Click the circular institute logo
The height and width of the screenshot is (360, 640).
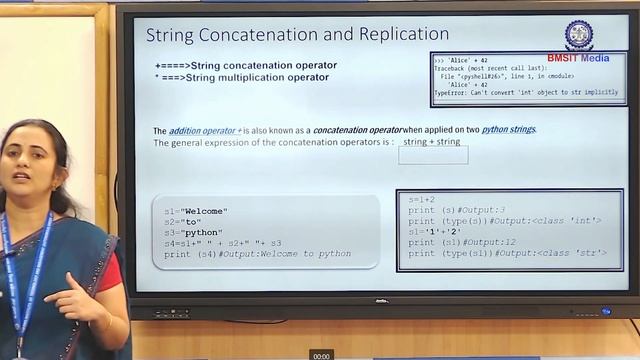pyautogui.click(x=578, y=35)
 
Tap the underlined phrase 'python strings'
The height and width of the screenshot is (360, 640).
pyautogui.click(x=508, y=130)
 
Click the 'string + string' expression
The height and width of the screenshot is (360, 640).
pyautogui.click(x=432, y=142)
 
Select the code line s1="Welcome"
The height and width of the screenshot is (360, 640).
pyautogui.click(x=196, y=211)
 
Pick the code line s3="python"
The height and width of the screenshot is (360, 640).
pyautogui.click(x=194, y=232)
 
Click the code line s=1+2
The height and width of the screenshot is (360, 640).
pyautogui.click(x=421, y=200)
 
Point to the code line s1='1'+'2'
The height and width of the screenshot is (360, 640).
pyautogui.click(x=433, y=231)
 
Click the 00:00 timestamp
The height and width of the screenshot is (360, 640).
pyautogui.click(x=321, y=355)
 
